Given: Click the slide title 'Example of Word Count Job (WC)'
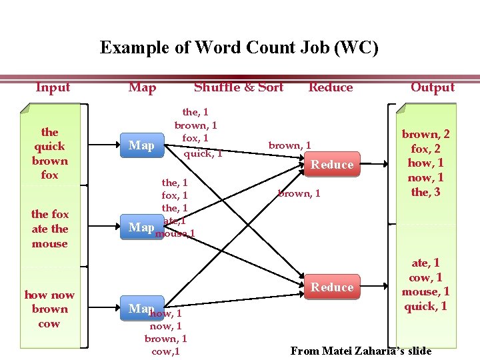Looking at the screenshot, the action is (239, 48).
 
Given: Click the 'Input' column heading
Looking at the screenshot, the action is (53, 87).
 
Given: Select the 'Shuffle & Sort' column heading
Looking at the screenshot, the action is (239, 87).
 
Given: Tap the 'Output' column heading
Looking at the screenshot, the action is (432, 87).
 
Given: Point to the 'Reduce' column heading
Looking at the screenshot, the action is (331, 87).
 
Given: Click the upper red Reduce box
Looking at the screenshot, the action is (333, 165).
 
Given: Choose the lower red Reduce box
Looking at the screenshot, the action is (333, 287).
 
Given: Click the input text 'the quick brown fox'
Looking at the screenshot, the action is (50, 153).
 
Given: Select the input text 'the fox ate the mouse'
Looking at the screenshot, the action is (50, 229).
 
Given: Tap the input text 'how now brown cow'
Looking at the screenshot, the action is (50, 309).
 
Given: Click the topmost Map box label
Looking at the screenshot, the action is (141, 145).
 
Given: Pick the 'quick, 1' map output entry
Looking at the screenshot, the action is (203, 153).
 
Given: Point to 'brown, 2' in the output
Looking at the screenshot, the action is (425, 135).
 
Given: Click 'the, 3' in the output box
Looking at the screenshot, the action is (425, 193).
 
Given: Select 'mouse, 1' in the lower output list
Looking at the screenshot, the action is (425, 292).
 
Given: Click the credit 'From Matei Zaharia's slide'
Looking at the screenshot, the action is (361, 351).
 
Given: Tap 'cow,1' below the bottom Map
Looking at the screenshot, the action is (165, 351).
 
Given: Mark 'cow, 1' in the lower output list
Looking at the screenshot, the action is (425, 277).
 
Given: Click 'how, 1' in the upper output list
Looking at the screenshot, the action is (425, 163).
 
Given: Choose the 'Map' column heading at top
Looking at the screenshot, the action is (142, 87).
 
